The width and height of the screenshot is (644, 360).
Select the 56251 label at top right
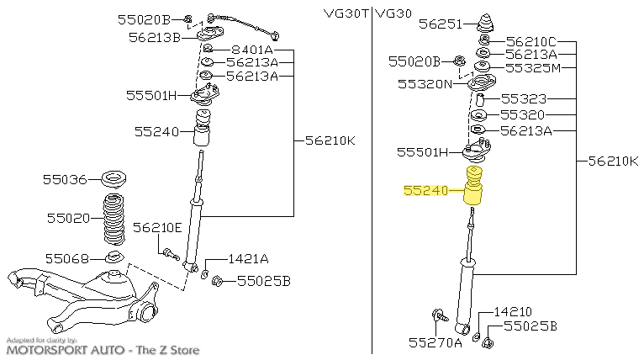point(441,24)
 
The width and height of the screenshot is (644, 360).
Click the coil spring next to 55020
point(113,220)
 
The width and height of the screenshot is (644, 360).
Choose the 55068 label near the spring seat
point(66,257)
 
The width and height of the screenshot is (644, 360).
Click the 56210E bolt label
point(157,227)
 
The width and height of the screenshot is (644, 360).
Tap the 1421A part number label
point(248,259)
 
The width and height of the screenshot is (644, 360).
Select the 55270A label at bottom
point(435,342)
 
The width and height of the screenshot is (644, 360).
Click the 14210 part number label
point(513,312)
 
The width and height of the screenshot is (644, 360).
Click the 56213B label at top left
point(156,36)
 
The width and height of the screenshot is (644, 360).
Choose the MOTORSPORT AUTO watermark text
point(103,350)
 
